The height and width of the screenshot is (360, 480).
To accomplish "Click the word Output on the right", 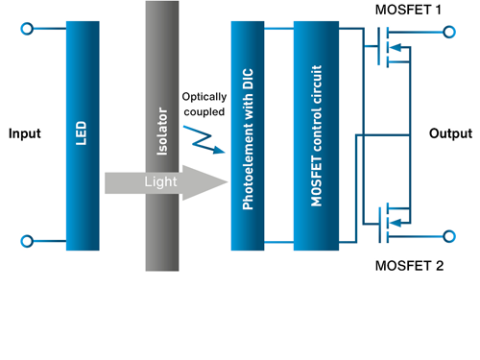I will [x=450, y=133].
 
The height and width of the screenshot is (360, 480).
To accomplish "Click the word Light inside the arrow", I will [x=159, y=181].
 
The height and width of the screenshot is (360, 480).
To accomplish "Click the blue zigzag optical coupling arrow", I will [x=206, y=138].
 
